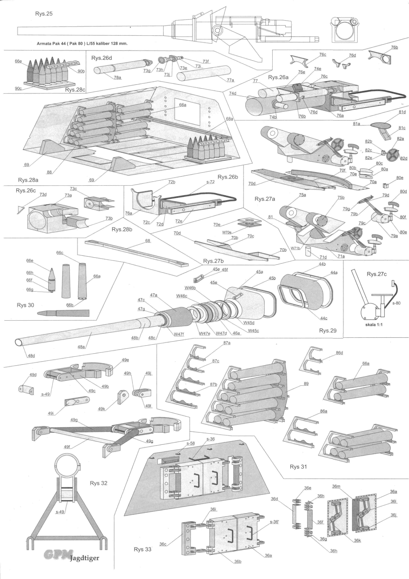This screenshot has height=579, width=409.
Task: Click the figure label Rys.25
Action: [44, 14]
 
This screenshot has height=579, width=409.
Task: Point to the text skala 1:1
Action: [374, 325]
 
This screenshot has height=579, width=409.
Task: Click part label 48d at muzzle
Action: [31, 356]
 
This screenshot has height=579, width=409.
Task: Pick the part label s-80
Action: [396, 303]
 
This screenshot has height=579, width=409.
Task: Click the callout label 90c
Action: [18, 88]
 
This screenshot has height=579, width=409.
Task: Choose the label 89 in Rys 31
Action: [306, 384]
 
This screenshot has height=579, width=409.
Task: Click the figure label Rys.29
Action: [328, 330]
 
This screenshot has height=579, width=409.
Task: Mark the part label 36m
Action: [336, 486]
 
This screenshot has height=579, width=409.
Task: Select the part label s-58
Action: [191, 443]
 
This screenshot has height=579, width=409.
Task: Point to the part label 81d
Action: [402, 112]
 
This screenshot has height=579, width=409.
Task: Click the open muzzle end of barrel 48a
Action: [19, 342]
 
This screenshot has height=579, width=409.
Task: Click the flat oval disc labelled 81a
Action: [381, 125]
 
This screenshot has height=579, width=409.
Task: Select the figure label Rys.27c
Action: [377, 274]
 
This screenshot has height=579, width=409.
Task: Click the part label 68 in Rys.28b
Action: [148, 241]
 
